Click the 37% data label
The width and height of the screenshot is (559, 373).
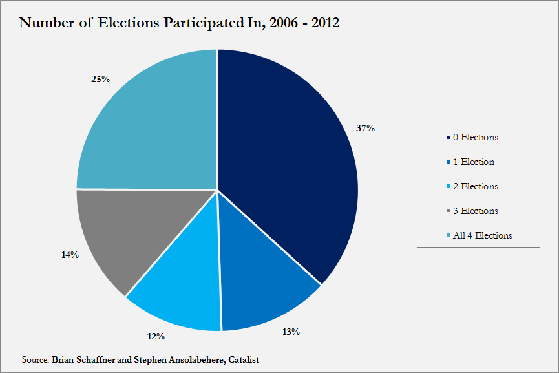click(x=366, y=128)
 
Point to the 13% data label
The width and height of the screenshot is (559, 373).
click(x=291, y=332)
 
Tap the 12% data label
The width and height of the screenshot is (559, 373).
click(x=156, y=336)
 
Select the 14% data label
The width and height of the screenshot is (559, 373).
click(x=69, y=255)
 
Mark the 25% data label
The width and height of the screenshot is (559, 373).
click(x=101, y=79)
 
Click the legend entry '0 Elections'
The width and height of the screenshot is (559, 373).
click(x=476, y=137)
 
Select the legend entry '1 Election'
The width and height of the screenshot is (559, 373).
click(x=474, y=162)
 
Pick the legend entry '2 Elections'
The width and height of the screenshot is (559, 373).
click(x=476, y=186)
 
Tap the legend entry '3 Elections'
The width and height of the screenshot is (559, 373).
click(x=476, y=211)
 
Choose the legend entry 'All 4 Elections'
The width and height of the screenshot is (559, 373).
click(x=483, y=235)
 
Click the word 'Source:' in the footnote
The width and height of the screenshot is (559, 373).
click(x=35, y=359)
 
